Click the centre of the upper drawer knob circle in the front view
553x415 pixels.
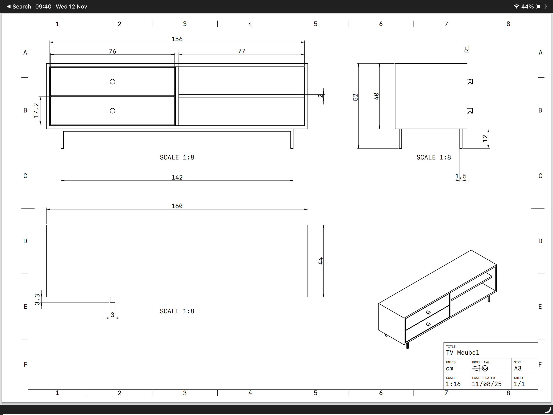click(113, 82)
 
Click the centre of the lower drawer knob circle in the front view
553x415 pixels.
click(113, 111)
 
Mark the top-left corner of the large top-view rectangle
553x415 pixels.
click(47, 225)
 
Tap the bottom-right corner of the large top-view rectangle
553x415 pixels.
click(308, 297)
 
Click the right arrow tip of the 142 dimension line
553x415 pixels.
click(293, 181)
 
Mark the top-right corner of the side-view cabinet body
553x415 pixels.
click(467, 64)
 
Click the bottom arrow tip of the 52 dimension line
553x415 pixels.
click(358, 148)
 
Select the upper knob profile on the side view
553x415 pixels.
click(470, 82)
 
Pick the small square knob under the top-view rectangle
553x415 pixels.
click(113, 300)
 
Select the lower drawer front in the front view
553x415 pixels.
click(113, 111)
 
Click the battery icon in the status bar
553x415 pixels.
click(541, 6)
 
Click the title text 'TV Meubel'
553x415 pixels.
click(463, 352)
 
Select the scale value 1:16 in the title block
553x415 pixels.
click(453, 384)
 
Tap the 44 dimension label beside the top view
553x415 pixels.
click(320, 261)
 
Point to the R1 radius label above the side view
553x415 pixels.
click(467, 49)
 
